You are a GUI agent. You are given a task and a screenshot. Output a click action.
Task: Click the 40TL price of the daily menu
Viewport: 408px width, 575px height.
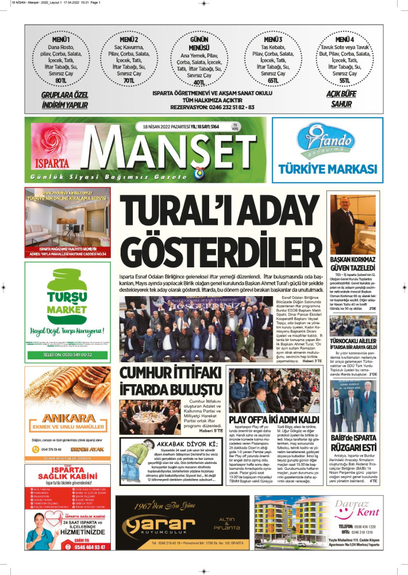point(199,83)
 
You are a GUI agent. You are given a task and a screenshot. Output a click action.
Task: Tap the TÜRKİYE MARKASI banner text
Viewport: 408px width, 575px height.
point(328,168)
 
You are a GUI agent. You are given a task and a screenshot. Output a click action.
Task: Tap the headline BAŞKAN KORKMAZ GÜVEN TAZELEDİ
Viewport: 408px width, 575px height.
point(353,265)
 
